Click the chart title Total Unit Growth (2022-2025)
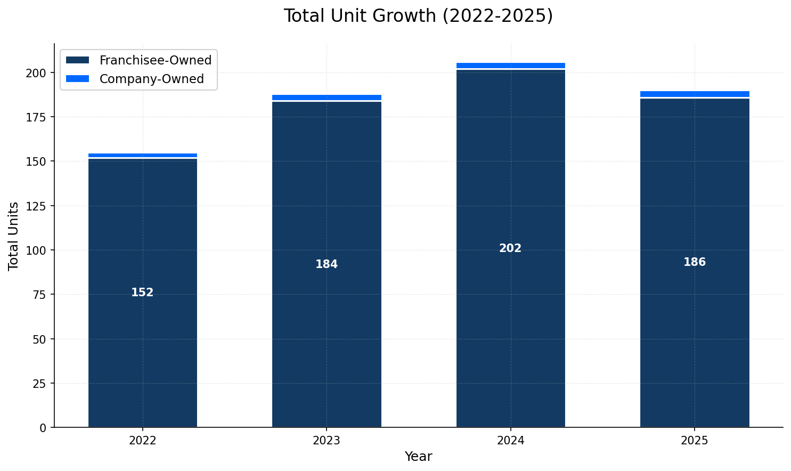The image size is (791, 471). tap(418, 16)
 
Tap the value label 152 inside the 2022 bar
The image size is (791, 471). tap(142, 293)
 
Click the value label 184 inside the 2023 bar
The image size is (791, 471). tap(327, 264)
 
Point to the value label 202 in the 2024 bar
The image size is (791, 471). tap(510, 248)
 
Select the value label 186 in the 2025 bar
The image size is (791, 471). tap(695, 262)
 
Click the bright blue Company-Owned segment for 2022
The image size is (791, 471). tap(142, 156)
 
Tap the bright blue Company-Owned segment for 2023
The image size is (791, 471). tap(327, 98)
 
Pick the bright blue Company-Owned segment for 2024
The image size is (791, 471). tap(510, 66)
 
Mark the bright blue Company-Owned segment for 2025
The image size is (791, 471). tap(695, 94)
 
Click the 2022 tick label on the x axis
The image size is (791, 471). tap(142, 441)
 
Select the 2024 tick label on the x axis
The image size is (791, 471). tap(510, 441)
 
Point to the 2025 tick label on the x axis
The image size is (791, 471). tap(695, 441)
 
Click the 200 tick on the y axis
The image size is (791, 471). tap(39, 72)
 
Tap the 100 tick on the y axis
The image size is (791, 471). tap(39, 250)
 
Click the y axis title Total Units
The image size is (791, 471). tap(14, 235)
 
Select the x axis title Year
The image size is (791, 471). tap(418, 457)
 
